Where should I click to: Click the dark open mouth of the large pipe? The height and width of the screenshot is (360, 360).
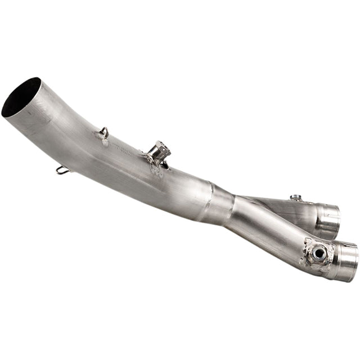click(21, 97)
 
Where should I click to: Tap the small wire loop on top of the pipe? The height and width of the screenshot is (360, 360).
click(103, 132)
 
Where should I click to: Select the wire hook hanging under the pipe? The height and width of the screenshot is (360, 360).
click(62, 169)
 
